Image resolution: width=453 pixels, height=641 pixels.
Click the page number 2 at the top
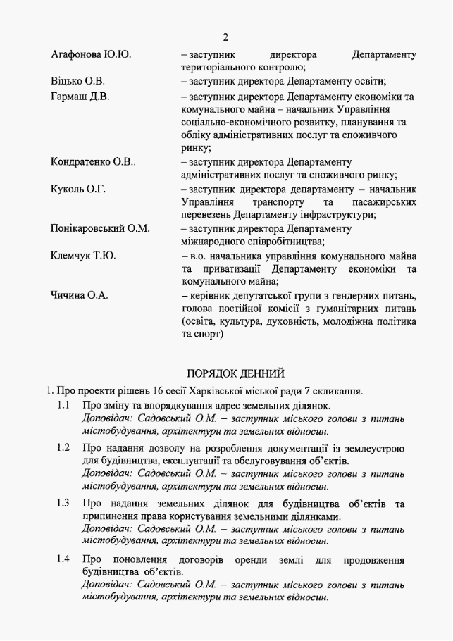[x=225, y=37]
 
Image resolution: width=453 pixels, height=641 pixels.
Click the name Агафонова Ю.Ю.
[x=92, y=55]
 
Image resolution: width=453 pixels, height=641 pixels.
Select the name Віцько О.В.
[x=78, y=81]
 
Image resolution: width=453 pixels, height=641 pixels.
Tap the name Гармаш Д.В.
[x=80, y=96]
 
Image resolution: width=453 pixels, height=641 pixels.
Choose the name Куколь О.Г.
[x=78, y=189]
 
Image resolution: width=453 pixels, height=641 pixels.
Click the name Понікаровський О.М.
[x=100, y=229]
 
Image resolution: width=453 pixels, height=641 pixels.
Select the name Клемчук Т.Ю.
[x=83, y=256]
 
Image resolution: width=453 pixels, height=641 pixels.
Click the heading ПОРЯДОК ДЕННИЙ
[x=235, y=373]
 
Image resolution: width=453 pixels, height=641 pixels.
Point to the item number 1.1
[x=63, y=406]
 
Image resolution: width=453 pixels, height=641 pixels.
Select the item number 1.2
[x=63, y=447]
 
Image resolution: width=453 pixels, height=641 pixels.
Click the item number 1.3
[x=63, y=503]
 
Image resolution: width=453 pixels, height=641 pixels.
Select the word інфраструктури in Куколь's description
[x=340, y=215]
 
